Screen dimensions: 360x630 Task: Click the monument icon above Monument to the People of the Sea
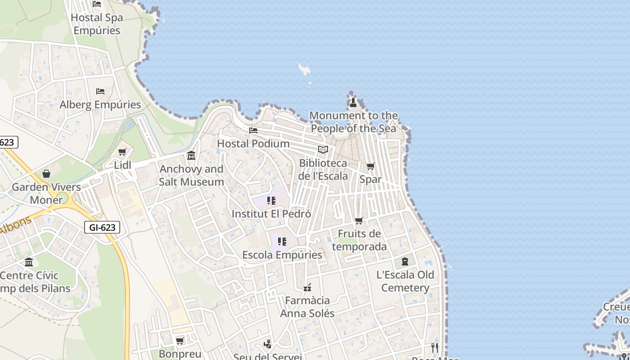[x=353, y=103]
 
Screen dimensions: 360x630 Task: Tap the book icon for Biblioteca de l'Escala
[x=323, y=150]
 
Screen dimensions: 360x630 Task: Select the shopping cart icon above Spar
[x=371, y=166]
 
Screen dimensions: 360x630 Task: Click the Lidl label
[x=122, y=165]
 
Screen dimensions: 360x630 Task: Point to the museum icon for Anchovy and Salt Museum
[x=191, y=156]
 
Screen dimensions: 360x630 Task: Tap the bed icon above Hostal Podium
[x=253, y=130]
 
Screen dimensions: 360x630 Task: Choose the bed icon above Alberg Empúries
[x=100, y=91]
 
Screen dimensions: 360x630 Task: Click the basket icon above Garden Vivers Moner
[x=46, y=174]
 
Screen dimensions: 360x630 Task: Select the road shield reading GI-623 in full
[x=102, y=228]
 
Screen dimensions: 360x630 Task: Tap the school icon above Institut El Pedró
[x=271, y=201]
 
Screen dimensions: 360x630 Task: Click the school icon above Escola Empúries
[x=282, y=242]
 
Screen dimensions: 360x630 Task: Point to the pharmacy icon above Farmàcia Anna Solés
[x=307, y=287]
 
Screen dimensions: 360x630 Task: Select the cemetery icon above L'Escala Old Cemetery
[x=405, y=261]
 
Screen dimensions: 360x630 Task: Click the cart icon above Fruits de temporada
[x=359, y=220]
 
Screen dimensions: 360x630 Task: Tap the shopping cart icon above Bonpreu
[x=180, y=341]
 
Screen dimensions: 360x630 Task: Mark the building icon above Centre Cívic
[x=29, y=262]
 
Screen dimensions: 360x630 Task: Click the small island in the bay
[x=305, y=70]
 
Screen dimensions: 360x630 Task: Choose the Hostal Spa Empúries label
[x=97, y=24]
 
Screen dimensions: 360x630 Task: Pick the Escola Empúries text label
[x=282, y=255]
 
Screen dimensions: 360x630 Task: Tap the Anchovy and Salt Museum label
[x=191, y=175]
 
